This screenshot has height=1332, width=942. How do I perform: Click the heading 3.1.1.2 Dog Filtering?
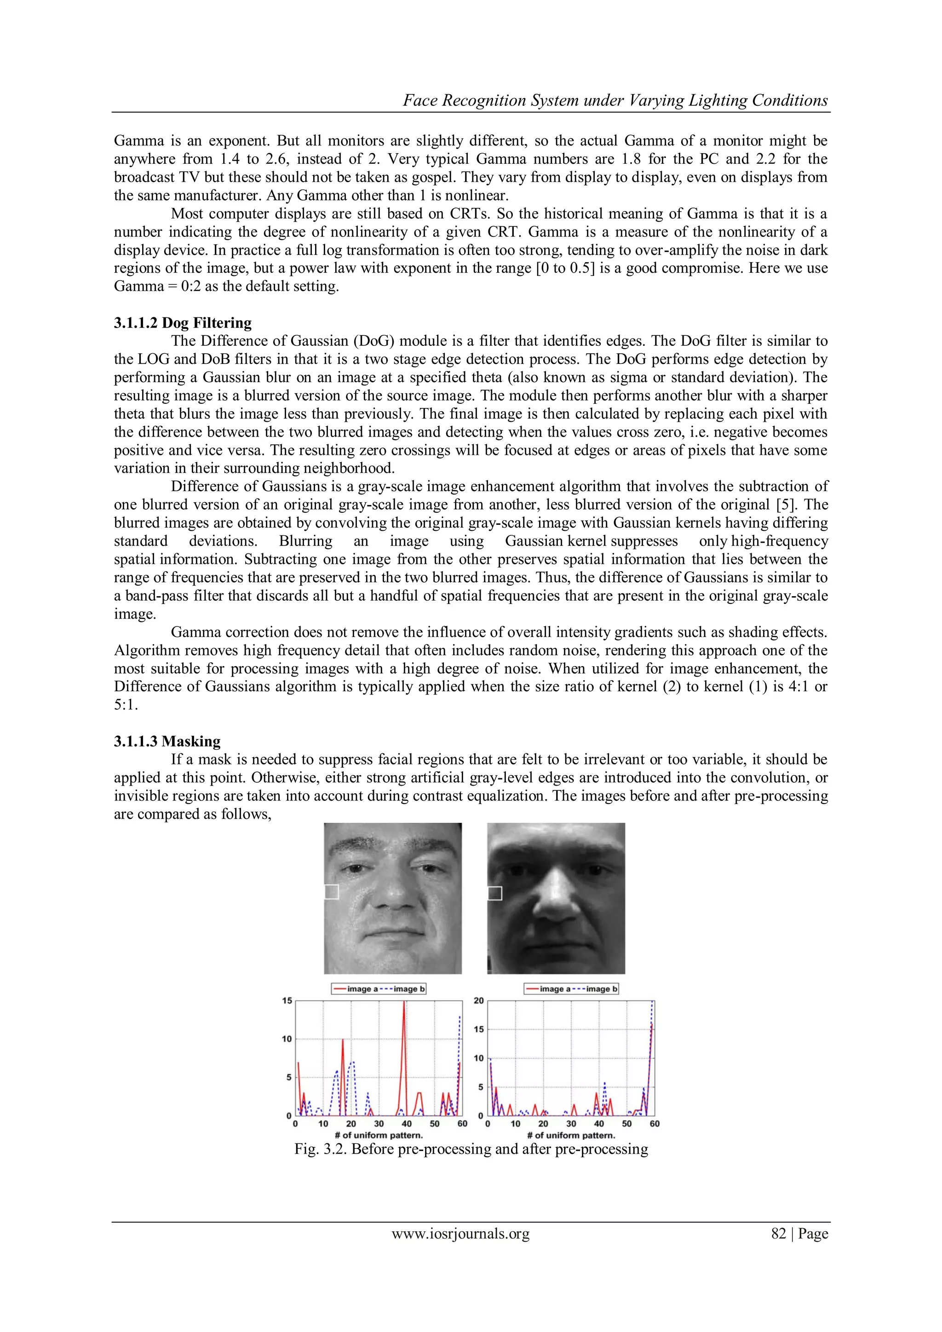pyautogui.click(x=182, y=322)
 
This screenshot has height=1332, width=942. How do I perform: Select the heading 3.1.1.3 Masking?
pyautogui.click(x=167, y=741)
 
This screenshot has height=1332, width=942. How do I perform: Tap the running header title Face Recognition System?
pyautogui.click(x=615, y=100)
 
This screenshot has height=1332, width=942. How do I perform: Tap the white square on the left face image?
pyautogui.click(x=331, y=892)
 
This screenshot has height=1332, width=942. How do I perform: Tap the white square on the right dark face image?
pyautogui.click(x=495, y=893)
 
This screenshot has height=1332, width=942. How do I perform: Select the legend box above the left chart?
pyautogui.click(x=378, y=988)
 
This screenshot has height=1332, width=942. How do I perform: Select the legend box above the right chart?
pyautogui.click(x=571, y=988)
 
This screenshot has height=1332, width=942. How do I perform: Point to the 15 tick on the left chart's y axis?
pyautogui.click(x=287, y=1000)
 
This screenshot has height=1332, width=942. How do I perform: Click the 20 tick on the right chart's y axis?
pyautogui.click(x=478, y=1000)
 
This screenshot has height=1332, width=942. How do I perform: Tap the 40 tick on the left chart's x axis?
pyautogui.click(x=407, y=1124)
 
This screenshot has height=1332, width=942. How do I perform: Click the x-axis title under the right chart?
pyautogui.click(x=571, y=1135)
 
